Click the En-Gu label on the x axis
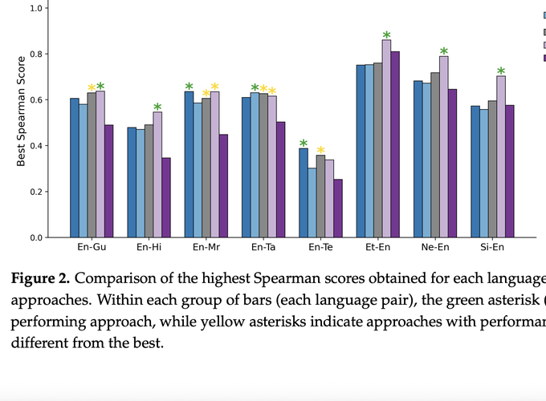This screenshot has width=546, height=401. (92, 248)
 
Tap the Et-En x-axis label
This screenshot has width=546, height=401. (377, 248)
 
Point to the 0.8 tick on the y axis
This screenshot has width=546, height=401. (36, 55)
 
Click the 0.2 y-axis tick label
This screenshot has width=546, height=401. (36, 192)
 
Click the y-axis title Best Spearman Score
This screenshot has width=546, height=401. (22, 123)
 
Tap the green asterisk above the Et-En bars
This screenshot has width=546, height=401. (386, 35)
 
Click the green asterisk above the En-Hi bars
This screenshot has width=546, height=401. (157, 107)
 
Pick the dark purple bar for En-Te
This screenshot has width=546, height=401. (338, 209)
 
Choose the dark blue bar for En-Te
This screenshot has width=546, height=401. (304, 192)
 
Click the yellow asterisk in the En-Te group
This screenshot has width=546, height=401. (320, 150)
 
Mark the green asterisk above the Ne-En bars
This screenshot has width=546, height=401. (443, 51)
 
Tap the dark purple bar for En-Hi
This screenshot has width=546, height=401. (166, 197)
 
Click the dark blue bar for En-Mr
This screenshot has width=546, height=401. (189, 164)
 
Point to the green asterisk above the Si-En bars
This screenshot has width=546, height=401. (501, 71)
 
